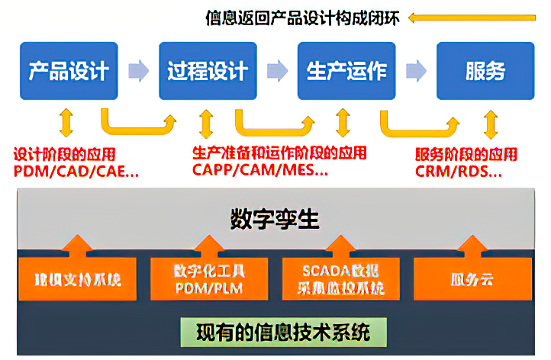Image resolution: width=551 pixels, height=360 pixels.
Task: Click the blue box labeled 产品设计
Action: pyautogui.click(x=69, y=71)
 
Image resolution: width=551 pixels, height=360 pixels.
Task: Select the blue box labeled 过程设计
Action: pyautogui.click(x=208, y=71)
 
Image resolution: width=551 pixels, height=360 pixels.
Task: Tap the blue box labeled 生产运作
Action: pyautogui.click(x=346, y=71)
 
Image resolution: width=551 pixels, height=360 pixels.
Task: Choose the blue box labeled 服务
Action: pyautogui.click(x=485, y=71)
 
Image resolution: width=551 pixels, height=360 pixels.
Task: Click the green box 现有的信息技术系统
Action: pyautogui.click(x=282, y=333)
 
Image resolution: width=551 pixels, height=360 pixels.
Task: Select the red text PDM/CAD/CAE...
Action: pyautogui.click(x=76, y=171)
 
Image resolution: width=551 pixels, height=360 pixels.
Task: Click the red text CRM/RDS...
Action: pyautogui.click(x=459, y=171)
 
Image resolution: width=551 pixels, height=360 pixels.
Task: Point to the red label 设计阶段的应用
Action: pyautogui.click(x=64, y=154)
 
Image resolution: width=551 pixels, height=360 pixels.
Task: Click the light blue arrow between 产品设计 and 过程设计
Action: pyautogui.click(x=138, y=71)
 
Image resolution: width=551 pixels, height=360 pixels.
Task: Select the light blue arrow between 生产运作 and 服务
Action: pyautogui.click(x=416, y=71)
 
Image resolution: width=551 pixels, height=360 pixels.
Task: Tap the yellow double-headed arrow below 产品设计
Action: pyautogui.click(x=66, y=122)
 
